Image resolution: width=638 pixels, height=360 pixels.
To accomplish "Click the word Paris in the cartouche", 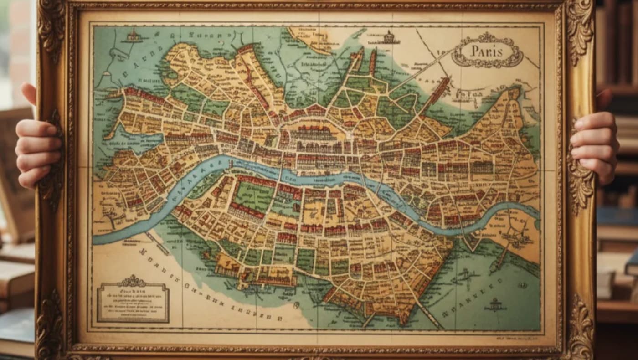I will tap(487, 51).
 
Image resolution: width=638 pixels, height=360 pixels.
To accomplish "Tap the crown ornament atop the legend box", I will tap(132, 280).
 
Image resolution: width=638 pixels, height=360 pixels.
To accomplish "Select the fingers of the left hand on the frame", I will tap(37, 150).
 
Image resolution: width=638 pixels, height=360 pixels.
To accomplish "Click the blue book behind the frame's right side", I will tap(617, 216).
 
